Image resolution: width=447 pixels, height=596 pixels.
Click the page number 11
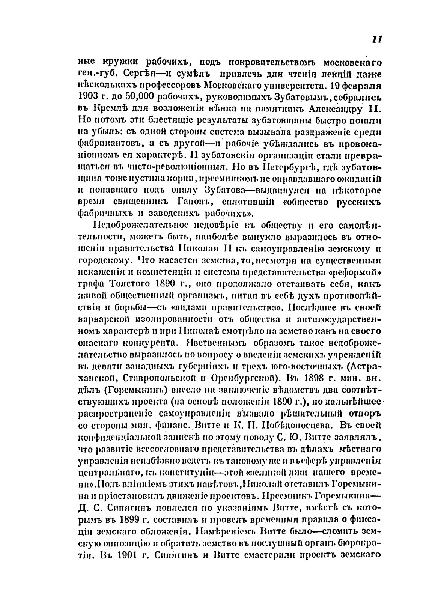(x=376, y=40)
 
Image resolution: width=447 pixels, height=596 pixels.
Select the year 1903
(x=88, y=97)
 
